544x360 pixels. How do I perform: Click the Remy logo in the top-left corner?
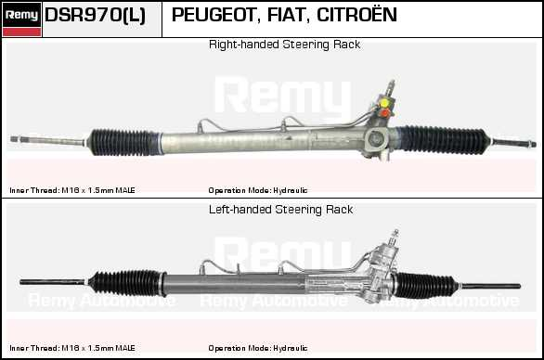coord(22,19)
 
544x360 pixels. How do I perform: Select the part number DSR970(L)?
coord(95,15)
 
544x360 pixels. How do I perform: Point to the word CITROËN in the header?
coord(356,14)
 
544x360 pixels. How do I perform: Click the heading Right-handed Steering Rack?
coord(284,45)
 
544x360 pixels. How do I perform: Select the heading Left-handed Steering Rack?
coord(280,210)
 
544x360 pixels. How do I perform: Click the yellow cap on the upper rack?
coord(384,103)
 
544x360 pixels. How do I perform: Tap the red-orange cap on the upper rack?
coord(384,112)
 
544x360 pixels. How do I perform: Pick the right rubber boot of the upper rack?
coord(442,139)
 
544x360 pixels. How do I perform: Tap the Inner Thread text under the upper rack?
coord(72,190)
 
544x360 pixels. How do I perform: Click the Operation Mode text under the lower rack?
coord(258,348)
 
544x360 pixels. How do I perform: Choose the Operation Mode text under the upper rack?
coord(258,190)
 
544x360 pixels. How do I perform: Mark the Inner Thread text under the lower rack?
coord(72,348)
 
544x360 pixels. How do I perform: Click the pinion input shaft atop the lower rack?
coord(395,237)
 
